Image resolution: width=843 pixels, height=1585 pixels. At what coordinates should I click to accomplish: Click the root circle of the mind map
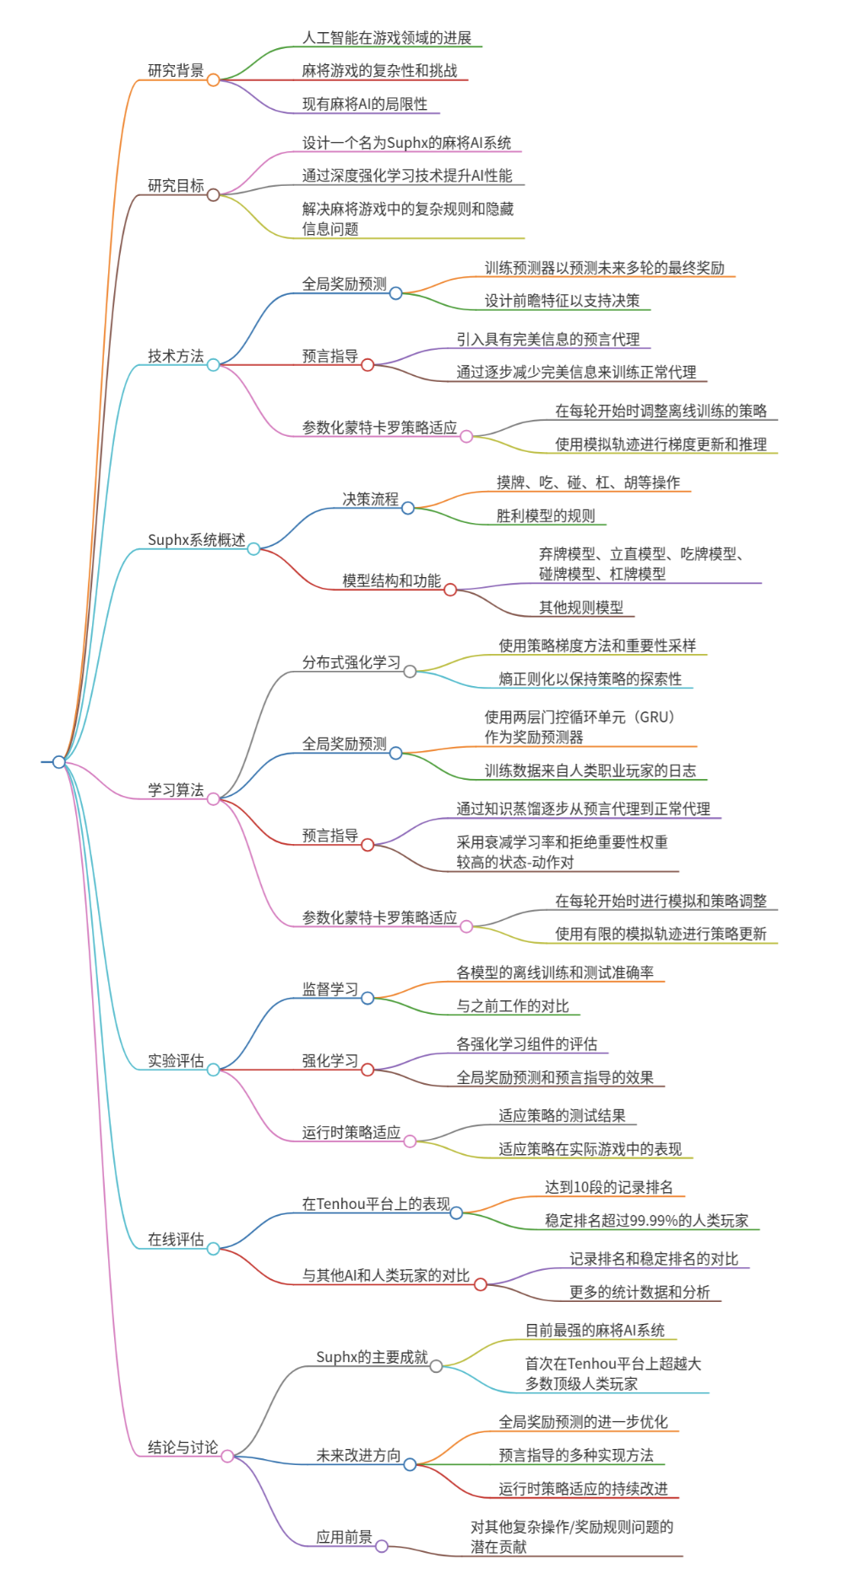58,761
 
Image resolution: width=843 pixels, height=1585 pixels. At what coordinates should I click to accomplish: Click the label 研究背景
176,71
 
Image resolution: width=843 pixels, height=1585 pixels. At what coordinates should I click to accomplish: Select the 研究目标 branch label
176,186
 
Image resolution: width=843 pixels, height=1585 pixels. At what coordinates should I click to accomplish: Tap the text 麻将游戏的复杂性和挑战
379,71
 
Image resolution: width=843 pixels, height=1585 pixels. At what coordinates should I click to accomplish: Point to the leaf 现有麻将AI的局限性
365,104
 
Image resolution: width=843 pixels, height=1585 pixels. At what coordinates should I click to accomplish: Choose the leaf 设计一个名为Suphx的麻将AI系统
406,143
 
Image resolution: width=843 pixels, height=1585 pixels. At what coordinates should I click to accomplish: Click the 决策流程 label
370,499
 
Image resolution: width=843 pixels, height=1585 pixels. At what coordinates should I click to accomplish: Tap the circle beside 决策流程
408,508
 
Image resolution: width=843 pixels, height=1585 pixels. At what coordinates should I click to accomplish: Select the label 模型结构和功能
391,580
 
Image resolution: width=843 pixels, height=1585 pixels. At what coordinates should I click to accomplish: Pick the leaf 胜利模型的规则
546,515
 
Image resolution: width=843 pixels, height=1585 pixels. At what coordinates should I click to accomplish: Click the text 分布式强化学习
351,662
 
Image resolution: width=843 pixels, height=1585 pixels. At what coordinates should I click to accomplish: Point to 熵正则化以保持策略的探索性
590,679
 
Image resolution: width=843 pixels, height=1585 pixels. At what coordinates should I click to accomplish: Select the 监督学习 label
330,989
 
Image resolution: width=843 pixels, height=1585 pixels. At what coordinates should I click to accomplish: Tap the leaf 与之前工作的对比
513,1006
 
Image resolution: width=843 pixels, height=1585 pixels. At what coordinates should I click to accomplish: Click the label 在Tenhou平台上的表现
376,1204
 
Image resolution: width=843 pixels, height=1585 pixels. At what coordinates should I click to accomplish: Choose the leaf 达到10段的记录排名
608,1188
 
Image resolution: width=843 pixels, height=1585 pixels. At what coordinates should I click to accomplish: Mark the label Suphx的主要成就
372,1358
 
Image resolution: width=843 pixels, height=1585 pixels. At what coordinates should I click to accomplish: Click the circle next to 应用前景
382,1546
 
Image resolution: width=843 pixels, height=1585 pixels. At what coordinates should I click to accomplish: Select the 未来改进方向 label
358,1456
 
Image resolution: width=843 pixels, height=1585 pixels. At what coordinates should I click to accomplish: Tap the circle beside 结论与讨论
227,1456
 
